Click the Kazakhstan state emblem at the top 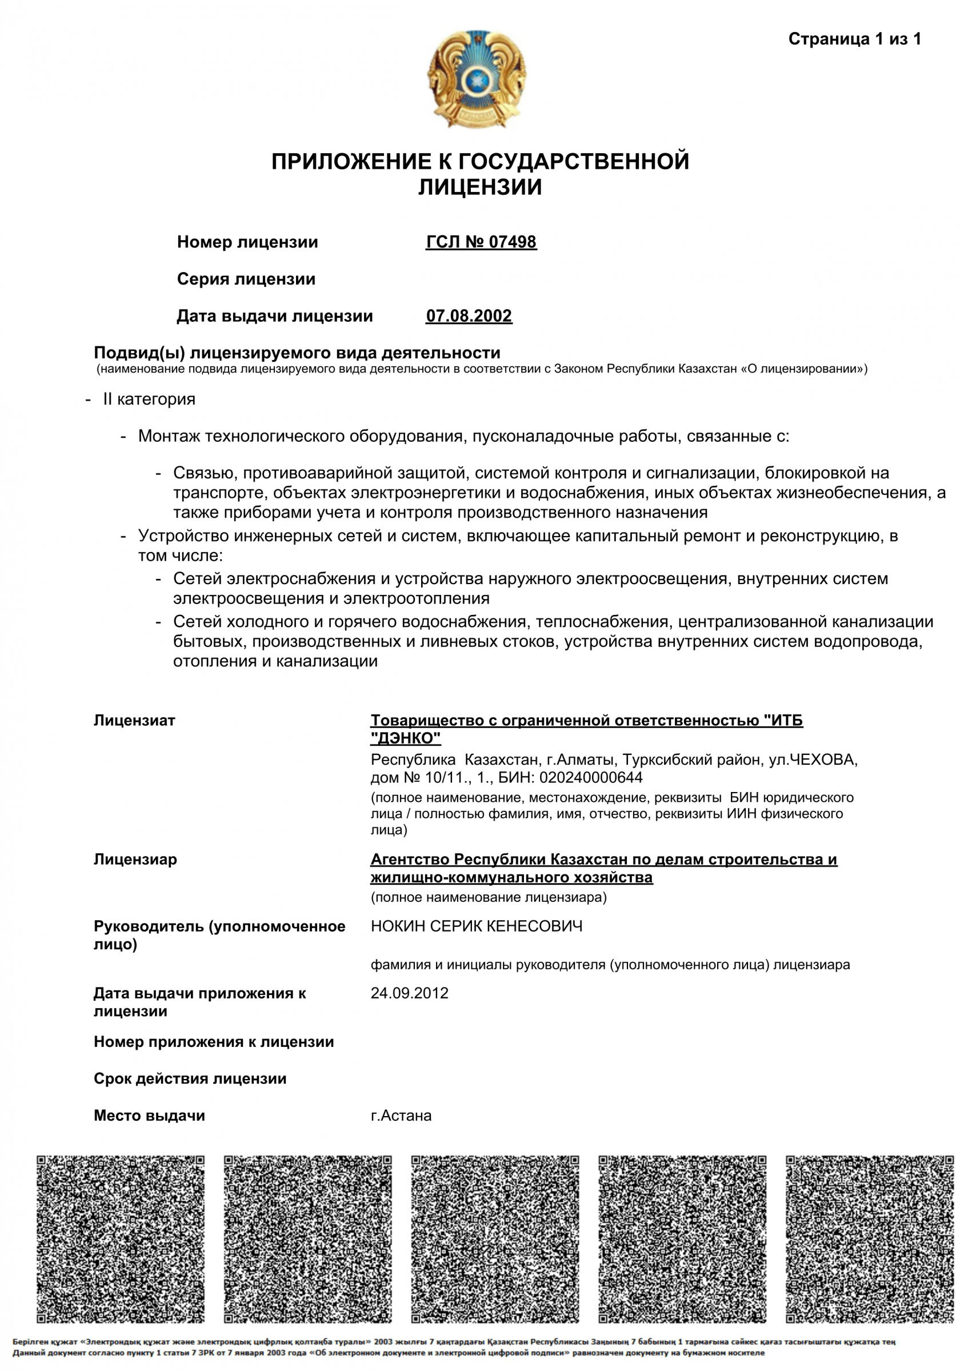(476, 78)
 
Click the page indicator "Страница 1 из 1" (854, 39)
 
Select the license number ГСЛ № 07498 (481, 242)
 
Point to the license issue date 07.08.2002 (469, 316)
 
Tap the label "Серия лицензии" (246, 279)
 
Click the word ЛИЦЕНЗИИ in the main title (479, 187)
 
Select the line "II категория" (149, 399)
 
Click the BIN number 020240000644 (590, 777)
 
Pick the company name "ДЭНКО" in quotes (405, 738)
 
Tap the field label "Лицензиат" (134, 720)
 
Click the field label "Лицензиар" (135, 860)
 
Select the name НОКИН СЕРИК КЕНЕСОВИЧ (477, 926)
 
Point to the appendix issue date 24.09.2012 (409, 993)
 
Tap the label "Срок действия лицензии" (190, 1078)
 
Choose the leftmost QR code (120, 1240)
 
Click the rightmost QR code (869, 1240)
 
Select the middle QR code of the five (495, 1240)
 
